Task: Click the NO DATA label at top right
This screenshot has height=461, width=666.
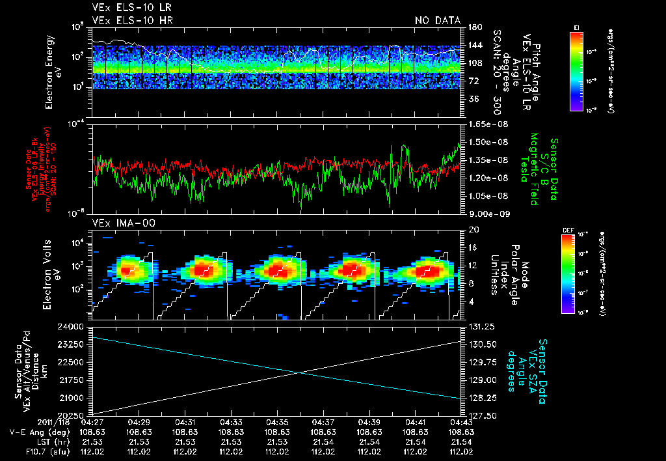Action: pos(438,20)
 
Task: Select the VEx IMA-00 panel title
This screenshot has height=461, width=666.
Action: pos(120,223)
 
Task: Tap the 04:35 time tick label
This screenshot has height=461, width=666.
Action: pos(277,423)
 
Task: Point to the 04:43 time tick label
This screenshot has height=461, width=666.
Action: pos(461,423)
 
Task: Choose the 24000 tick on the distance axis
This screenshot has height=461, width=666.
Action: pos(77,326)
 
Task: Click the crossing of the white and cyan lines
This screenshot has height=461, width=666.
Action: pos(299,372)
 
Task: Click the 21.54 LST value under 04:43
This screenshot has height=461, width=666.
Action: pos(461,441)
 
